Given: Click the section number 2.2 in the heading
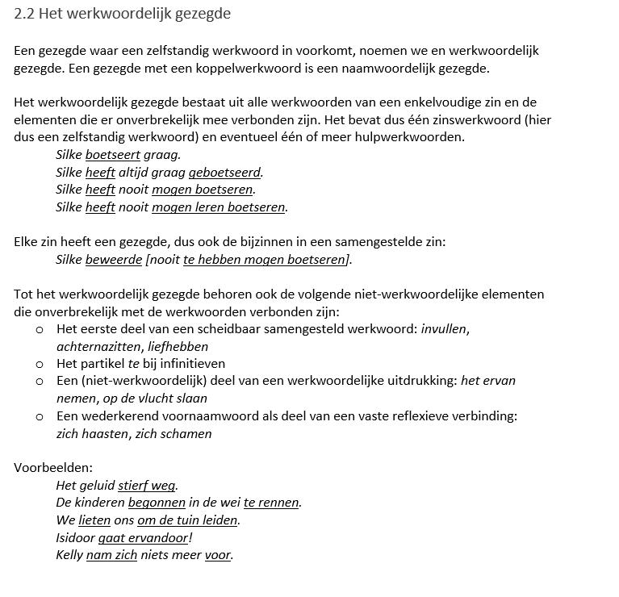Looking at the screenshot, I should (x=23, y=14).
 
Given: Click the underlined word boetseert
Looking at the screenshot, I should (x=112, y=154).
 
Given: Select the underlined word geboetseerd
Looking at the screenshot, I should (x=225, y=172).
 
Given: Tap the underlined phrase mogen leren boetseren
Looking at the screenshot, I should (x=218, y=207).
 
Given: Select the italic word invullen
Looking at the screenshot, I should (x=445, y=329).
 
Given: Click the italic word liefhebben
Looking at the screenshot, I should (x=178, y=347).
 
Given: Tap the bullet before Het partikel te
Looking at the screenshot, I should (x=40, y=365).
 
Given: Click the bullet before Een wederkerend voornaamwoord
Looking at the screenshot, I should (x=40, y=417).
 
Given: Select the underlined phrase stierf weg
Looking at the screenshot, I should (x=146, y=485).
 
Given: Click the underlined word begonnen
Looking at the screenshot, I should (x=157, y=502).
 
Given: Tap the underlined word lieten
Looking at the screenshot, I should (x=94, y=520).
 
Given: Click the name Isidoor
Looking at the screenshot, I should (x=75, y=537).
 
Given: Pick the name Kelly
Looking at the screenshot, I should (x=69, y=555).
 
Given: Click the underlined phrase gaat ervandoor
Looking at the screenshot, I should (x=143, y=537).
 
